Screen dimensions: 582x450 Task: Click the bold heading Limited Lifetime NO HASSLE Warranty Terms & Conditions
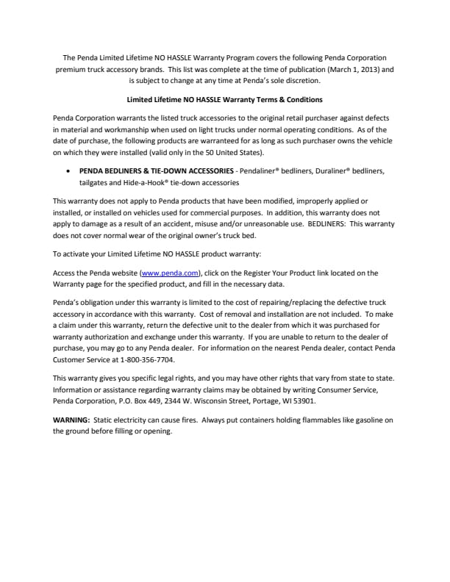224,99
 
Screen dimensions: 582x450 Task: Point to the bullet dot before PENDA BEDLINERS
68,170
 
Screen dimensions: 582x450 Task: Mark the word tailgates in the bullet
94,182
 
